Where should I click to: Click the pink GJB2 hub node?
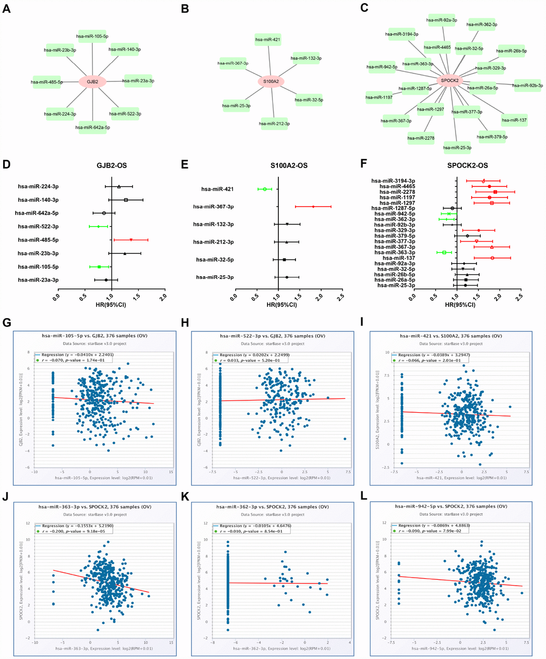[92, 82]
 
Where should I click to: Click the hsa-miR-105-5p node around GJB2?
[92, 36]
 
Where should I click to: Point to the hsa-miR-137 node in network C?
[514, 120]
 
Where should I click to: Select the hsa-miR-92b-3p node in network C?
[528, 85]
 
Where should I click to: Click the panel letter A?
[6, 9]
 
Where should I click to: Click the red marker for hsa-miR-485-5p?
[131, 240]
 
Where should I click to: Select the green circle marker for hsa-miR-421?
[264, 189]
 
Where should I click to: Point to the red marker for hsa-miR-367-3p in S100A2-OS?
[313, 206]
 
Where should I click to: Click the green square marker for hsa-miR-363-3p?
[444, 252]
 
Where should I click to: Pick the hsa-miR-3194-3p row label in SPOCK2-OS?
[393, 180]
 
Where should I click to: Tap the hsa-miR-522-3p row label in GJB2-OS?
[38, 226]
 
